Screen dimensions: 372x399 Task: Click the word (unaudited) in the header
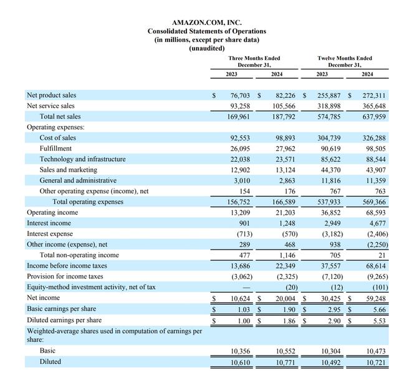click(206, 48)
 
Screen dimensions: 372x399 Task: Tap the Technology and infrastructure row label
click(82, 159)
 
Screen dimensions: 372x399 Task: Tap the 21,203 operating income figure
click(284, 212)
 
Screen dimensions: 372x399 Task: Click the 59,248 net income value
click(375, 298)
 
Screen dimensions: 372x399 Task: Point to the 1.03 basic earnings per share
click(242, 309)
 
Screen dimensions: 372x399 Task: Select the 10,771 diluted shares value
click(284, 362)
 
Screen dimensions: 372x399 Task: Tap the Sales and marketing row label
click(69, 170)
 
